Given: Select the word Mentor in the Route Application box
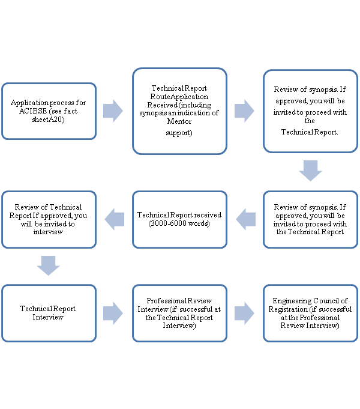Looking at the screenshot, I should pos(179,121).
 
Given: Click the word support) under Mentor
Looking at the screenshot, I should pos(179,132).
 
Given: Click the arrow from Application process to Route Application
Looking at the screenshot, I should pos(113,111).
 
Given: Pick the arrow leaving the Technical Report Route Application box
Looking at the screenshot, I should pos(244,111).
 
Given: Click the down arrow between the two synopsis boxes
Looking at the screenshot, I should pos(310,171).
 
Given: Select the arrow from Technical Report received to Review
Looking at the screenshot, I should pos(115,219).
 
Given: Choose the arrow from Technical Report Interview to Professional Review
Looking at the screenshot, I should pos(113,313).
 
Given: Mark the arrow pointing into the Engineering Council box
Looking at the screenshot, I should pos(244,313).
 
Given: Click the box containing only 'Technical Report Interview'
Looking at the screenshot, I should pos(48,313).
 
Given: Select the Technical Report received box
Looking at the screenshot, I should pos(179,219).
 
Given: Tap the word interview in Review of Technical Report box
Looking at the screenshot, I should pos(48,232).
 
